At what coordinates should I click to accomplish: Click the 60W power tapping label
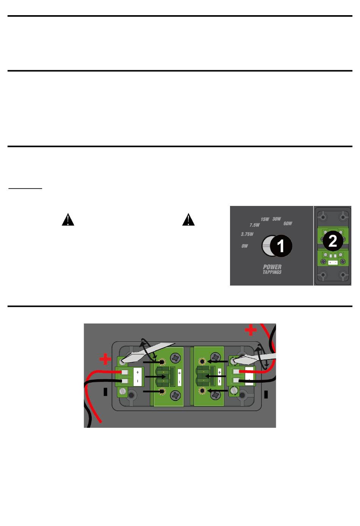coord(288,224)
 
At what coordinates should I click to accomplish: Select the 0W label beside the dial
coord(245,246)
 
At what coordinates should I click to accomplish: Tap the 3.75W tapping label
coord(247,234)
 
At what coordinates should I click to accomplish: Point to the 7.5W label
coord(255,225)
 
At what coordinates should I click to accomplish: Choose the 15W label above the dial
coord(265,219)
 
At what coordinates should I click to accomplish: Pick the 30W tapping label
coord(277,219)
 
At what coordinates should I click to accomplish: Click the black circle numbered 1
coord(280,246)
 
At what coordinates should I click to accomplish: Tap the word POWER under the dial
coord(272,267)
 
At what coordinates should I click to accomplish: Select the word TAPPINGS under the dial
coord(272,272)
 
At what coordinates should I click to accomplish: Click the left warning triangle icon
coord(68,220)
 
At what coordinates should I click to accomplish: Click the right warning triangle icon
coord(188,220)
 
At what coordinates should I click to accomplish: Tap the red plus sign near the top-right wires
coord(250,330)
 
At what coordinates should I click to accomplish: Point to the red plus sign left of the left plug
coord(105,359)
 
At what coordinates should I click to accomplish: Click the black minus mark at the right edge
coord(266,394)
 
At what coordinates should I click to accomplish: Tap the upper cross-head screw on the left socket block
coord(175,357)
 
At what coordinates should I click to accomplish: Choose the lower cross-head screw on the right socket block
coord(216,395)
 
